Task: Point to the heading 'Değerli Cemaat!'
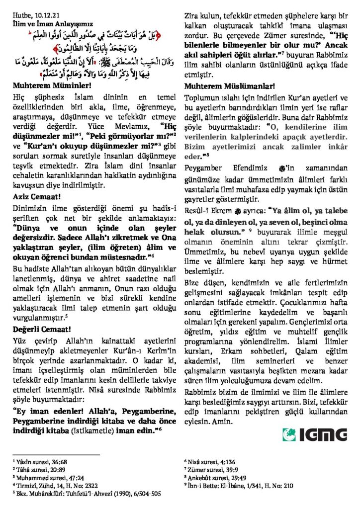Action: click(38, 328)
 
